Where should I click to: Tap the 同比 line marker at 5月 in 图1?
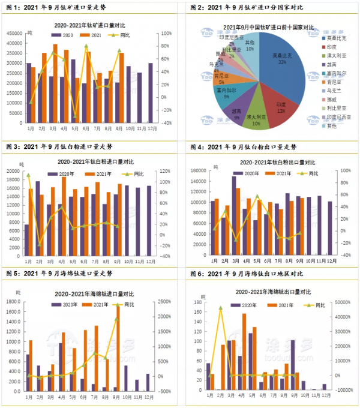tap(76, 116)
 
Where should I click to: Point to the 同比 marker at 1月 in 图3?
tap(28, 175)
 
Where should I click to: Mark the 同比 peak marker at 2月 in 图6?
tap(221, 308)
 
